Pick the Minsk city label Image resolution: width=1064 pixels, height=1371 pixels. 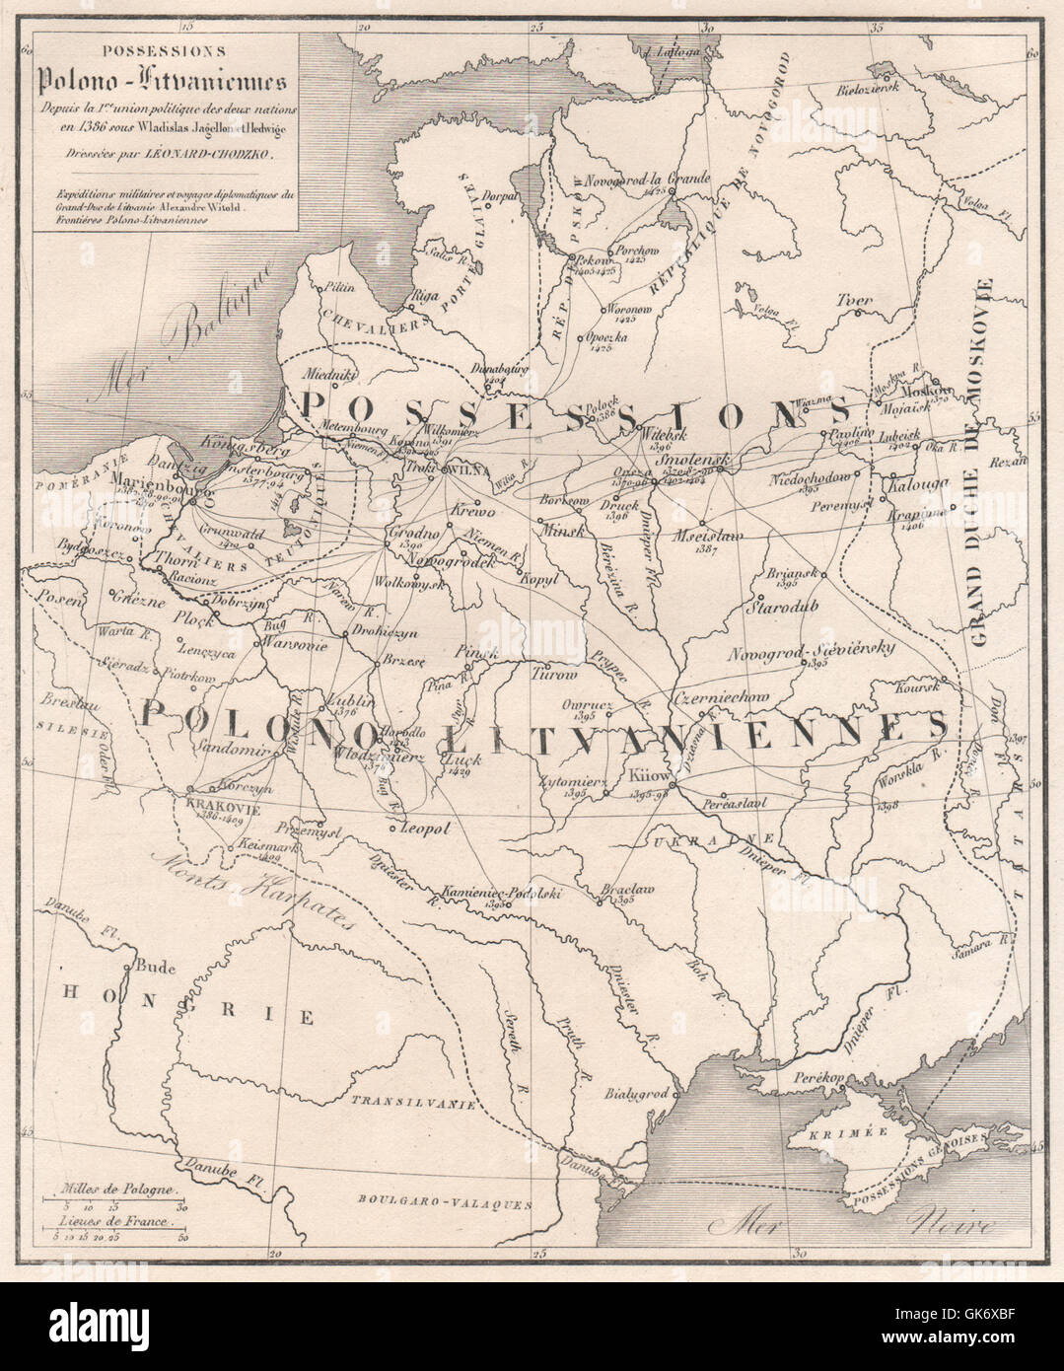tap(559, 529)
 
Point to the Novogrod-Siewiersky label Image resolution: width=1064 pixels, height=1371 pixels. tap(812, 648)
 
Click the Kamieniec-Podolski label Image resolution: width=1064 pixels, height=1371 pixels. tap(502, 890)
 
